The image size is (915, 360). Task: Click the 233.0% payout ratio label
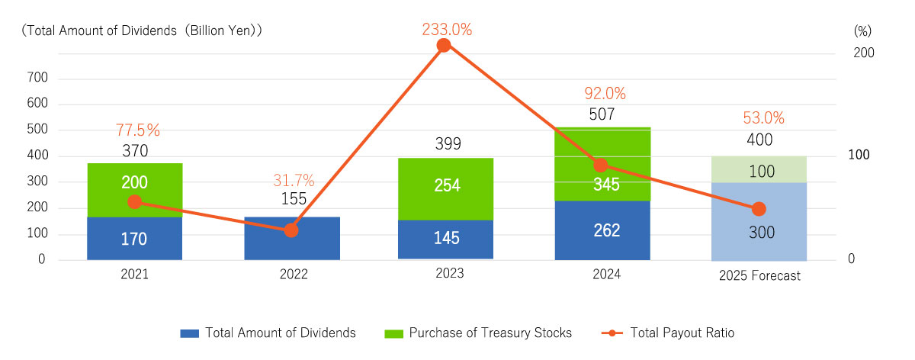click(x=447, y=30)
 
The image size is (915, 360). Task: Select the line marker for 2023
click(x=444, y=45)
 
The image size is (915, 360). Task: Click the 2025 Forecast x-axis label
click(x=759, y=276)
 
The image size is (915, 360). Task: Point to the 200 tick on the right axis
click(x=863, y=53)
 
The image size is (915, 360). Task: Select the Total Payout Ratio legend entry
click(x=670, y=333)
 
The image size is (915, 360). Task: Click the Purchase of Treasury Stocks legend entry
click(x=480, y=333)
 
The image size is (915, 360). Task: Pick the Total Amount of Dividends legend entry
click(x=268, y=333)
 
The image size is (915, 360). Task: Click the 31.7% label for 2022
click(x=293, y=181)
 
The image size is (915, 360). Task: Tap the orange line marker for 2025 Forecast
click(x=759, y=209)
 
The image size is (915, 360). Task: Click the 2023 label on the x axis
click(x=447, y=273)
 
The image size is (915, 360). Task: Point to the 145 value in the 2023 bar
click(x=447, y=238)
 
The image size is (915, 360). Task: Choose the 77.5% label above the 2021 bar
click(x=138, y=130)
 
